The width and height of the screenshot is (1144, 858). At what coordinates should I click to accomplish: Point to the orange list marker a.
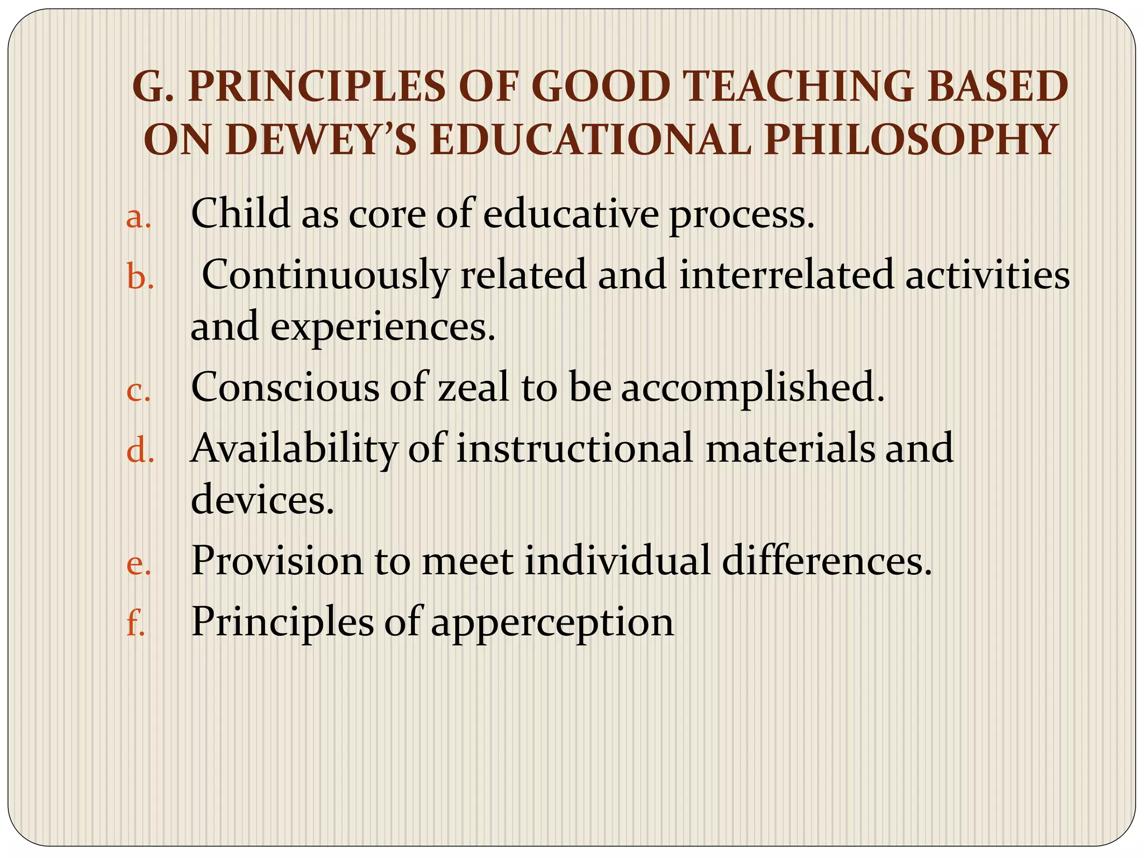tap(139, 217)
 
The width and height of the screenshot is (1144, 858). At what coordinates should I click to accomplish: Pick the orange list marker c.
tap(139, 390)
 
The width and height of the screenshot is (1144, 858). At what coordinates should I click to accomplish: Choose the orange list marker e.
tap(139, 564)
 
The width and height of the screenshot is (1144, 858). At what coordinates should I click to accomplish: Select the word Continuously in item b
tap(325, 275)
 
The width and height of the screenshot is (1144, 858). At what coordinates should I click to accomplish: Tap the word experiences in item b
tap(383, 327)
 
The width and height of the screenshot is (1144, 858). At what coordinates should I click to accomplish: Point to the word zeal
tap(474, 387)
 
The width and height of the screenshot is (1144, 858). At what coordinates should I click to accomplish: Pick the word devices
tap(262, 499)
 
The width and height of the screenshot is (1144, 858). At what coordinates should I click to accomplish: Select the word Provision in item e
tap(277, 560)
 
